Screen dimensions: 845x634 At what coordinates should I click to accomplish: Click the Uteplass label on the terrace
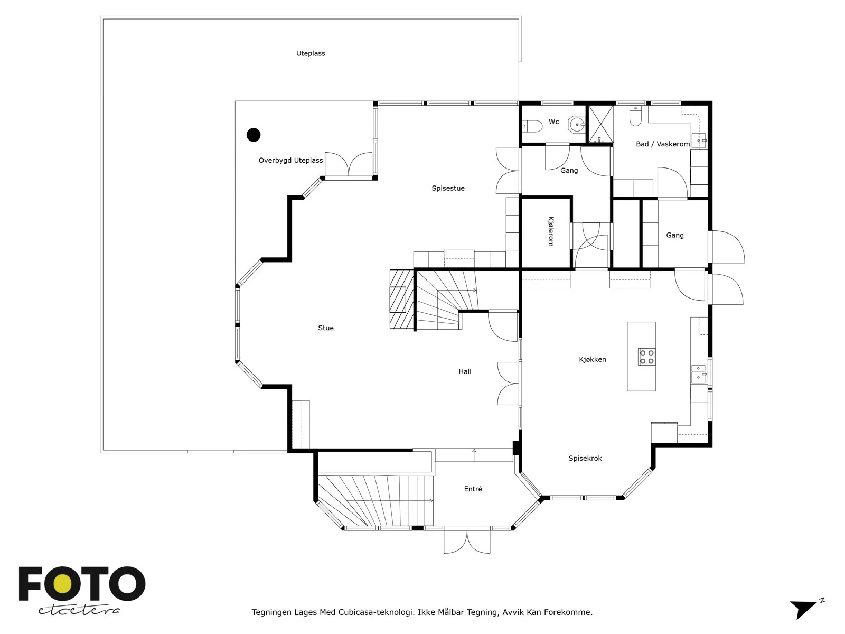pos(311,53)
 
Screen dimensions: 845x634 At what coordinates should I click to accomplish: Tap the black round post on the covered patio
pos(253,135)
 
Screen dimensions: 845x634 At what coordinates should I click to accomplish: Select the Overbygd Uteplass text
pos(290,161)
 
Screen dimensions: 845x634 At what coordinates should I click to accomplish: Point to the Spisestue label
pos(448,188)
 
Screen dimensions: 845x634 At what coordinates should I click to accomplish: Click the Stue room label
pos(326,328)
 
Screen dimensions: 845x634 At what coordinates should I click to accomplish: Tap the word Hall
pos(465,371)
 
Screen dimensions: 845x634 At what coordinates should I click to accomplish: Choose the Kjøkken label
pos(593,360)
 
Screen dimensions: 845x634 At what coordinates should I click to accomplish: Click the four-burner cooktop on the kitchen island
pos(647,357)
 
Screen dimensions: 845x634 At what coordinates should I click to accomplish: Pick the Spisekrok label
pos(585,459)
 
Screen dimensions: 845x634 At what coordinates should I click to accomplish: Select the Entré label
pos(473,489)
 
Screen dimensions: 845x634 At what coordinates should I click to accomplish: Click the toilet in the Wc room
pos(532,126)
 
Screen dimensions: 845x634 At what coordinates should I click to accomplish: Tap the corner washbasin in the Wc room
pos(577,124)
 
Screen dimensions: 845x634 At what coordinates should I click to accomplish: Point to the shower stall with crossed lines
pos(601,124)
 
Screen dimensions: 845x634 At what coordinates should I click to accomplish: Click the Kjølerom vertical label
pos(551,231)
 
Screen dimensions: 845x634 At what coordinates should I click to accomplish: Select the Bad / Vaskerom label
pos(662,144)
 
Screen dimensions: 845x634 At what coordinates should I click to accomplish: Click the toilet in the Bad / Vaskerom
pos(635,116)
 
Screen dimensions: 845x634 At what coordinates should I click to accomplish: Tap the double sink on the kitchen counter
pos(698,374)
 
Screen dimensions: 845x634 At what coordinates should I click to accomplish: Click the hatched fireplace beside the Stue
pos(401,299)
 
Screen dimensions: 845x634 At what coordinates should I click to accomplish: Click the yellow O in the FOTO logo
pos(62,584)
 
